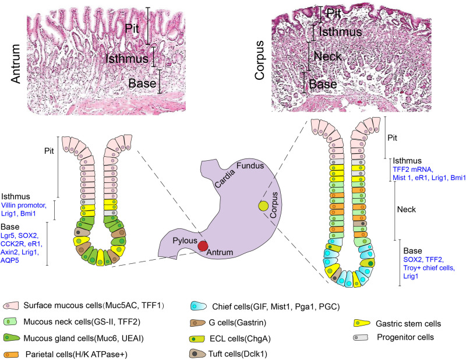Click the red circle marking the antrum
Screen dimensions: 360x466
[x=203, y=245]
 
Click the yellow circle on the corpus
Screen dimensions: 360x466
[x=264, y=205]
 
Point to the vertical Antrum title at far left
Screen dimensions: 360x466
[x=15, y=58]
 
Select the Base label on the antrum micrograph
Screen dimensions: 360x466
[x=143, y=82]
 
